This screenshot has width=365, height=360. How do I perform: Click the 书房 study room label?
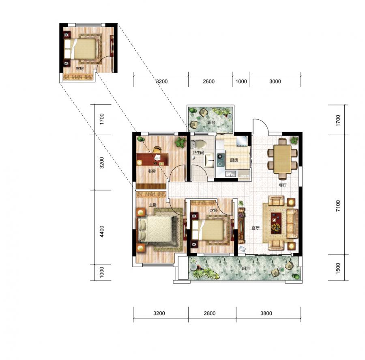[x=152, y=171]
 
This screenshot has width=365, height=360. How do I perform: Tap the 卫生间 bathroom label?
[x=198, y=153]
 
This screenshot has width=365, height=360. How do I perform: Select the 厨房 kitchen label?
[x=234, y=160]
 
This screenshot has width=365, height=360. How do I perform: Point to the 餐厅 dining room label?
[x=283, y=185]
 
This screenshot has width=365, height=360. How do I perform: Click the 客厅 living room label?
[x=255, y=228]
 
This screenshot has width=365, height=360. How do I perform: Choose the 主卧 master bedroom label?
[x=153, y=205]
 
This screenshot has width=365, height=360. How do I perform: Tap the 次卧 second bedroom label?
[x=214, y=210]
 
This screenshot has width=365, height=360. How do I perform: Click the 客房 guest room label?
[x=79, y=69]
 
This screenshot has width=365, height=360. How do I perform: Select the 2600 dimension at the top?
[x=208, y=81]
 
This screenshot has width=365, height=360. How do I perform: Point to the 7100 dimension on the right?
[x=338, y=206]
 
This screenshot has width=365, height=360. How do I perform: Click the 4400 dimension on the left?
[x=102, y=231]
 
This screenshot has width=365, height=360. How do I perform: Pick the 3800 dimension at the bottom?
[x=266, y=313]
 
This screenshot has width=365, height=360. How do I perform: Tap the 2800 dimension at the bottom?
[x=210, y=313]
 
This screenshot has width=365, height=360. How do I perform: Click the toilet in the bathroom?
[x=199, y=144]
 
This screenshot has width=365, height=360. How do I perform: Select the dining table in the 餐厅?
[x=282, y=159]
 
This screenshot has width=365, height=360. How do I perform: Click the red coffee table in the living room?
[x=276, y=223]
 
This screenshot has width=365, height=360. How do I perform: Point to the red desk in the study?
[x=152, y=160]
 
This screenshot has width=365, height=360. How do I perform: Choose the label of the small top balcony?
[x=211, y=122]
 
